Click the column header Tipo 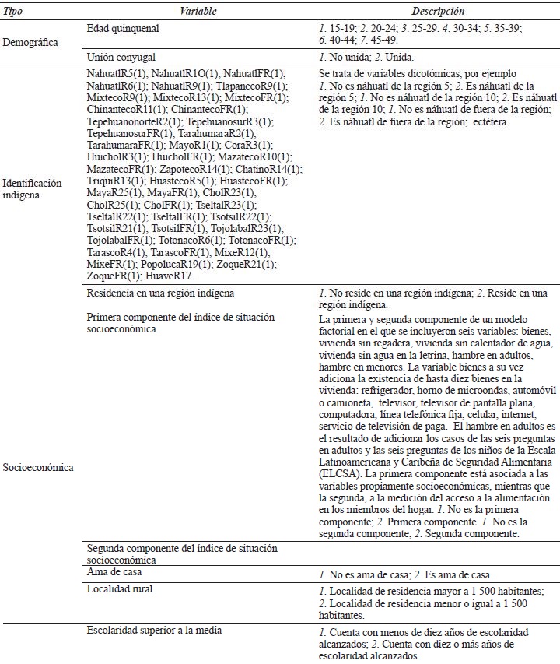13,12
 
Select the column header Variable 198,12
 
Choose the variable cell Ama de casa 115,572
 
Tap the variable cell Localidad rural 121,588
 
